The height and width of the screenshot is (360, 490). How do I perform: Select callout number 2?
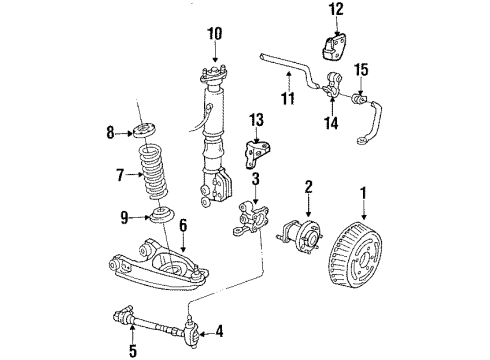tap(309, 185)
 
